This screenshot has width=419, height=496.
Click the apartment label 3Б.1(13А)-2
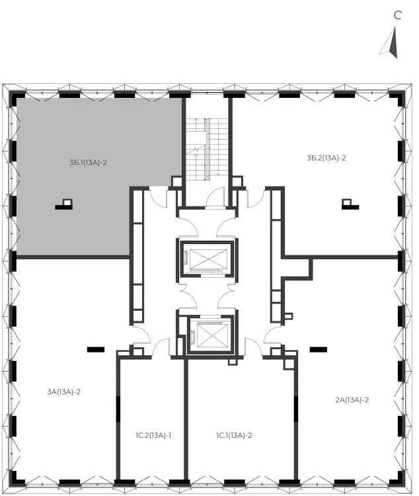pos(88,163)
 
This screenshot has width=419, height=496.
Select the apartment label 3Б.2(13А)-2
pos(326,158)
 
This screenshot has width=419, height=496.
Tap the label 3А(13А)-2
pos(63,392)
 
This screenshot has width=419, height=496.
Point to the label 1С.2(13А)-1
pos(153,436)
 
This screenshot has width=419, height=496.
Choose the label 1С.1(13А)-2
pos(234,436)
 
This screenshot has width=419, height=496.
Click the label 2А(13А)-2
pos(352,400)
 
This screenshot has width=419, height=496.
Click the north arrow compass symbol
pos(390,43)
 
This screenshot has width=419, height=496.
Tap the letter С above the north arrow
pos(398,15)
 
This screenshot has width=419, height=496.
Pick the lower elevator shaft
pos(210,335)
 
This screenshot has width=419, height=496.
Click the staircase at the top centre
pos(207,149)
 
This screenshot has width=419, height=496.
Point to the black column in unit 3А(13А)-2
pos(96,350)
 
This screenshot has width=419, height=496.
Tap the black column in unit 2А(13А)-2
pos(319,350)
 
